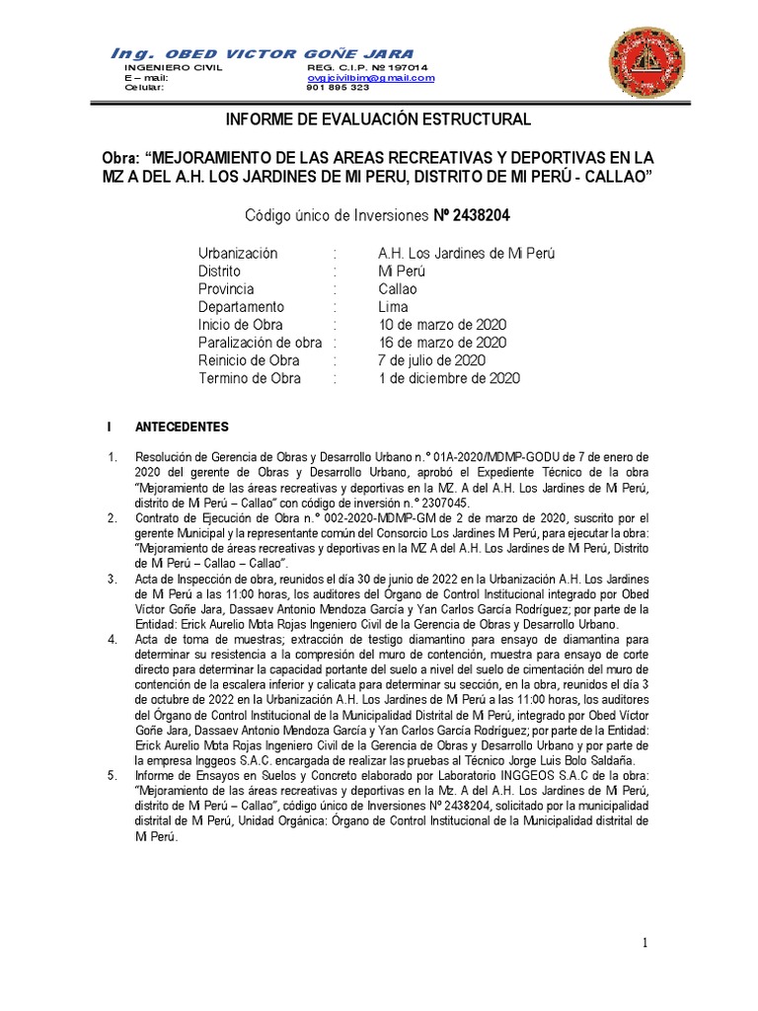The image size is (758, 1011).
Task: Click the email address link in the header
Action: tap(370, 77)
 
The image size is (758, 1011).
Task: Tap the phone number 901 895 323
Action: tap(339, 87)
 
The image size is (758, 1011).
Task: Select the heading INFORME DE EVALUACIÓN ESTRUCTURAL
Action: tap(379, 119)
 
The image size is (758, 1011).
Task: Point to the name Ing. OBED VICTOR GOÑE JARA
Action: tap(263, 52)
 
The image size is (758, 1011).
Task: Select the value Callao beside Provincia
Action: tap(398, 289)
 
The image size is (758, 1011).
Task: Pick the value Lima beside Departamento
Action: tap(393, 307)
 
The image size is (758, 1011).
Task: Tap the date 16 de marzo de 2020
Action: tap(443, 343)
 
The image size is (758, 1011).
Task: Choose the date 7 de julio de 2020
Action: tap(432, 360)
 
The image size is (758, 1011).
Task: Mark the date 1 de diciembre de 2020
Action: tap(449, 378)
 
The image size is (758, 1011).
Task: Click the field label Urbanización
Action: tap(238, 254)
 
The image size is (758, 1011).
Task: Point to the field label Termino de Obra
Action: tap(249, 378)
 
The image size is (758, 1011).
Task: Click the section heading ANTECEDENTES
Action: tap(182, 428)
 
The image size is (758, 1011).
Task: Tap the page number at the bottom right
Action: tap(645, 944)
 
